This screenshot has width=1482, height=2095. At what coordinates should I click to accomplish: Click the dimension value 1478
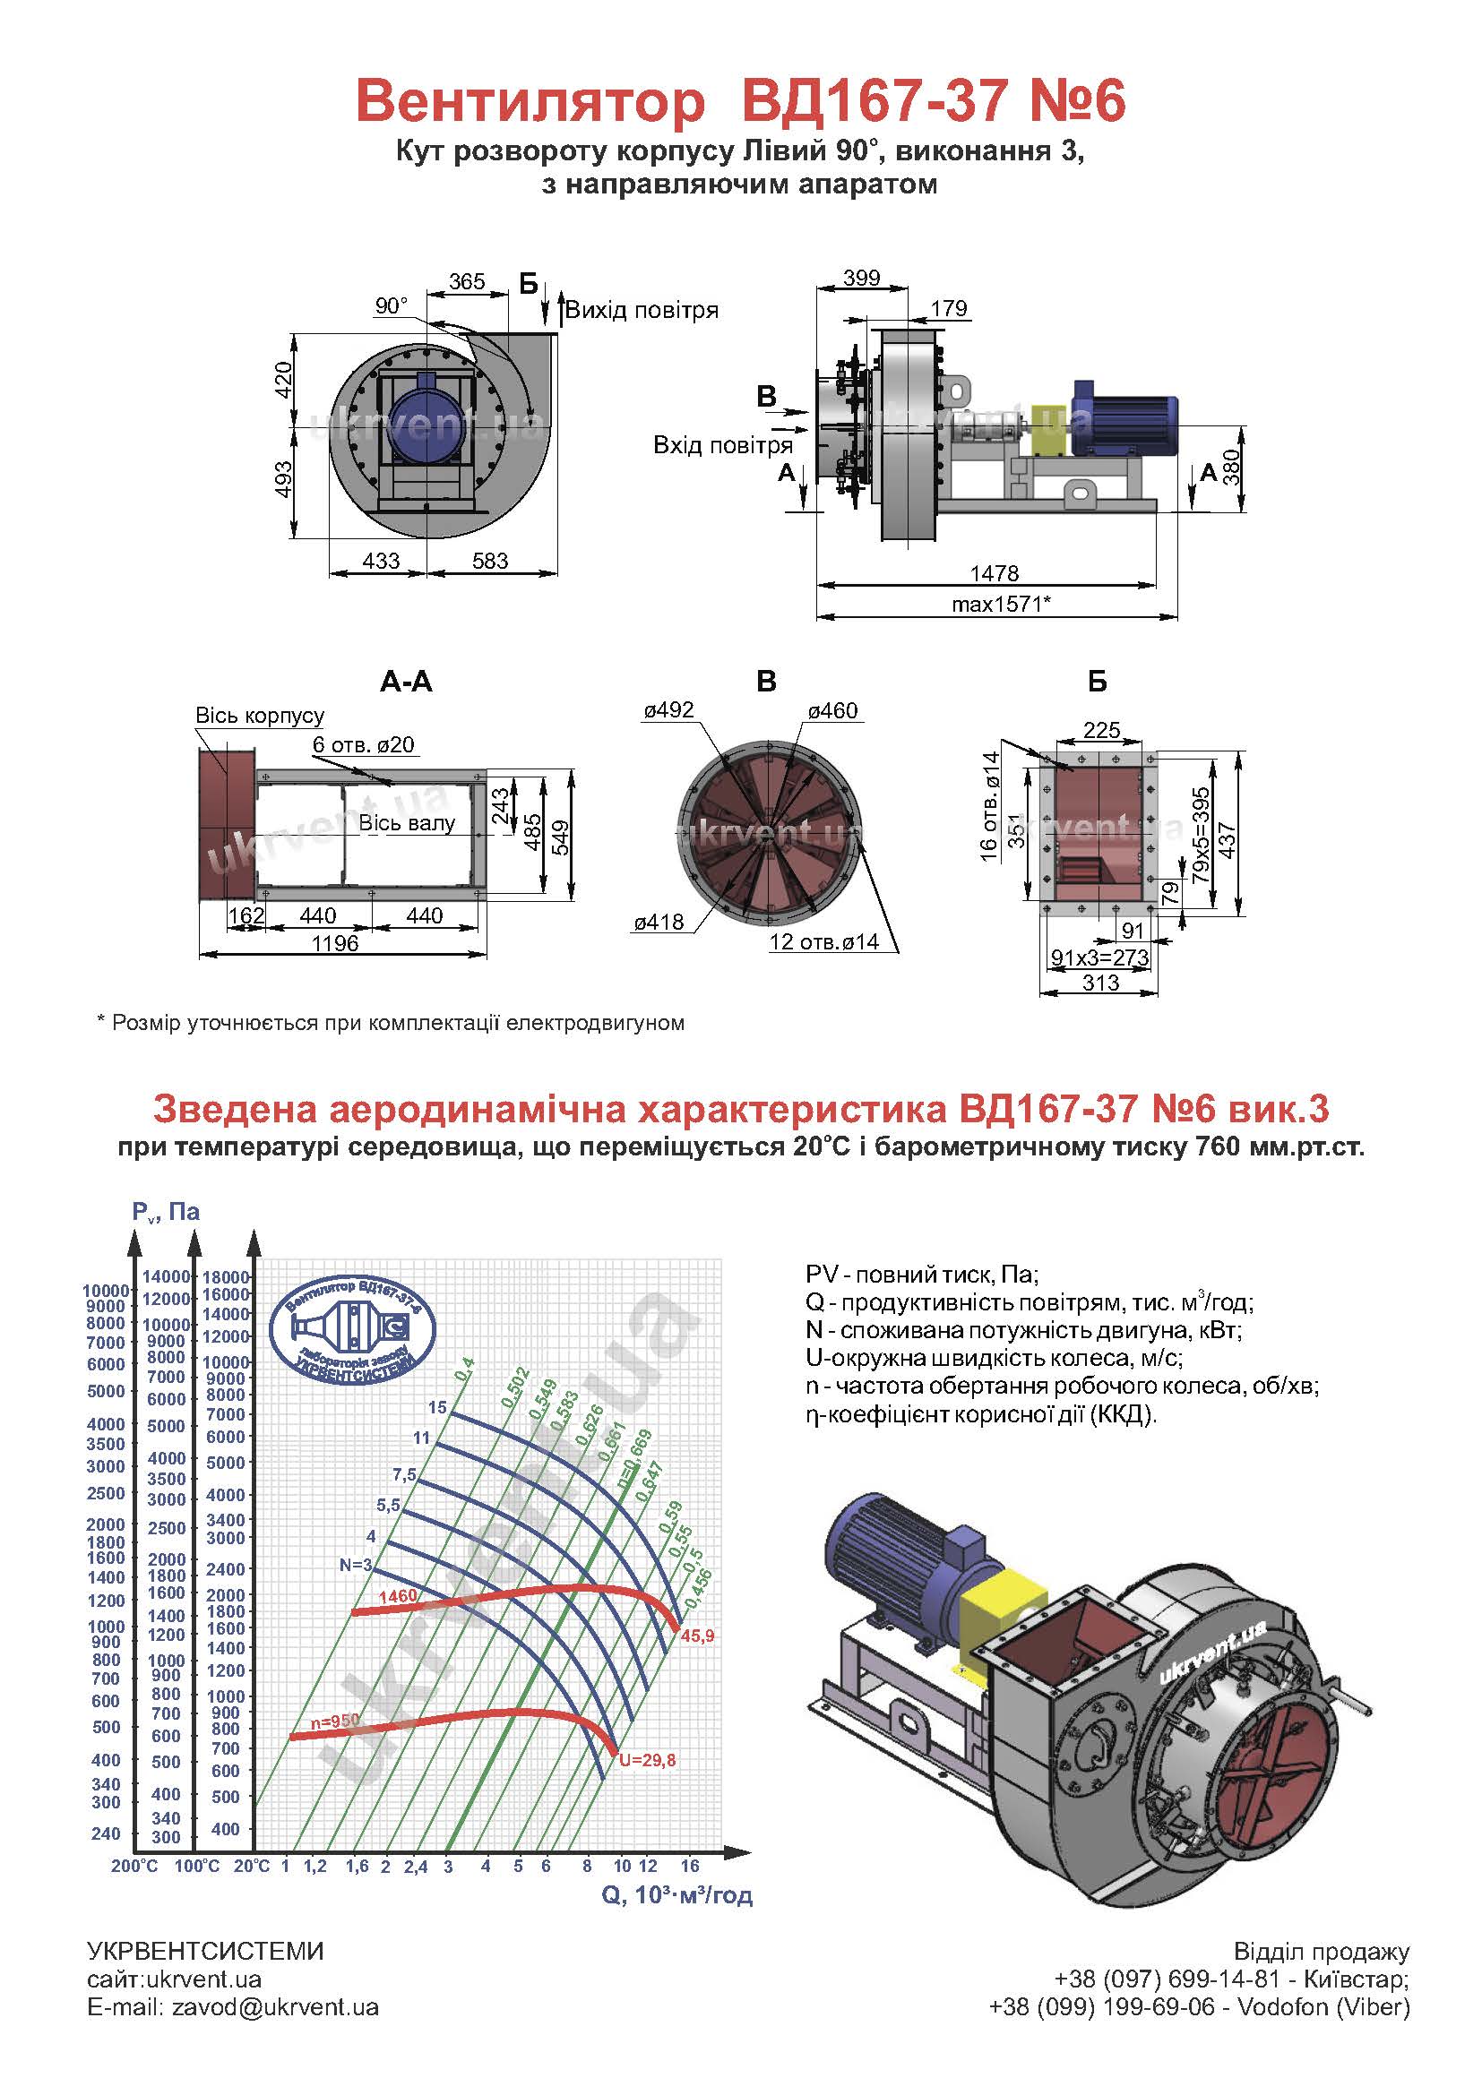click(x=994, y=573)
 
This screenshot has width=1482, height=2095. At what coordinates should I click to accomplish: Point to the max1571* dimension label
click(x=1001, y=604)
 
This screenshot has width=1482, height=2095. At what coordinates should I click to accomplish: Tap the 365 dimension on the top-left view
click(x=466, y=281)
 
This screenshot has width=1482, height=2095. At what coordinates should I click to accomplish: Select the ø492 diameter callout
click(x=668, y=710)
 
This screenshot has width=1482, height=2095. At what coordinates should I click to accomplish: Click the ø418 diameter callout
click(x=659, y=923)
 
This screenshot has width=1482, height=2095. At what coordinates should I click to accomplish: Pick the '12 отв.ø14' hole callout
click(x=824, y=941)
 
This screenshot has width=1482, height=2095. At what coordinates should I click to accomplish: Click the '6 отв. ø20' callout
click(x=363, y=744)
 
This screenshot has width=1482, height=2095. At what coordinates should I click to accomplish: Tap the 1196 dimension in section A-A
click(x=335, y=943)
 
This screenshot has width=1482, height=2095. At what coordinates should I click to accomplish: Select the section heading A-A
click(x=406, y=682)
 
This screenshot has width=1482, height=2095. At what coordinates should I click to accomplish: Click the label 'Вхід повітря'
click(x=723, y=445)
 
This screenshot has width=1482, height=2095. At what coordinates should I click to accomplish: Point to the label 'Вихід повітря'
click(x=642, y=310)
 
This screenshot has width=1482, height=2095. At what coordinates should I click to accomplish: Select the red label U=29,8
click(x=648, y=1760)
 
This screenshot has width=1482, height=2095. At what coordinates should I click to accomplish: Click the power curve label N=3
click(x=356, y=1565)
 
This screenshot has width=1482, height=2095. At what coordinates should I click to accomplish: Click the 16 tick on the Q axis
click(x=690, y=1866)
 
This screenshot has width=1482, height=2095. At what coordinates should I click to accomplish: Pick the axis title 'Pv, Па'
click(x=165, y=1212)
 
